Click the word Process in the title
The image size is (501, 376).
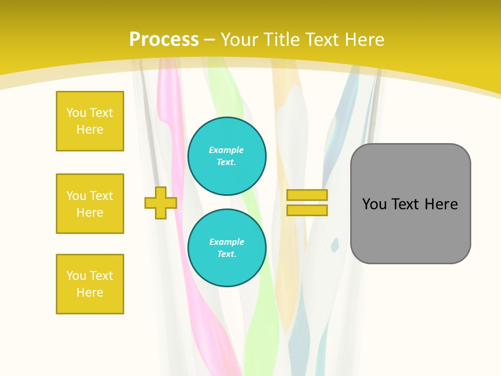164,40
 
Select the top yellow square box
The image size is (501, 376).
90,121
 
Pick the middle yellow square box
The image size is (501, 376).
90,204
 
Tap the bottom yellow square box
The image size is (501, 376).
90,284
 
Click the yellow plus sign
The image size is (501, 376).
161,203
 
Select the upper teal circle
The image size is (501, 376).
227,156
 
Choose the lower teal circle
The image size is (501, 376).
227,248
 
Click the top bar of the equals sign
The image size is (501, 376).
307,195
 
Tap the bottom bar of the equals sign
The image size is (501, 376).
307,210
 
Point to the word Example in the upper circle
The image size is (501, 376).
226,150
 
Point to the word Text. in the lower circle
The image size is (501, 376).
226,254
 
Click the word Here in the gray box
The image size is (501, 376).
441,204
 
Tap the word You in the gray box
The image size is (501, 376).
375,204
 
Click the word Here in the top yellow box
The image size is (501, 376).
90,130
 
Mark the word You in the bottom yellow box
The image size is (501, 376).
76,276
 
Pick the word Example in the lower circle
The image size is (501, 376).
226,242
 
